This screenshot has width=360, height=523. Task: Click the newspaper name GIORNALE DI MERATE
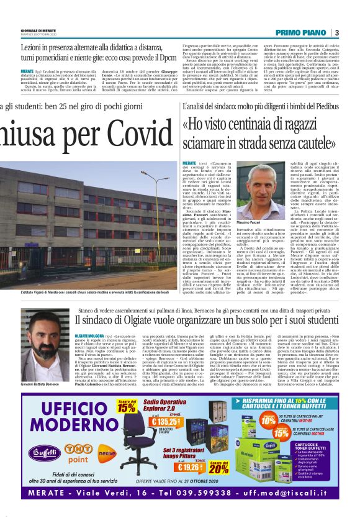point(38,29)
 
